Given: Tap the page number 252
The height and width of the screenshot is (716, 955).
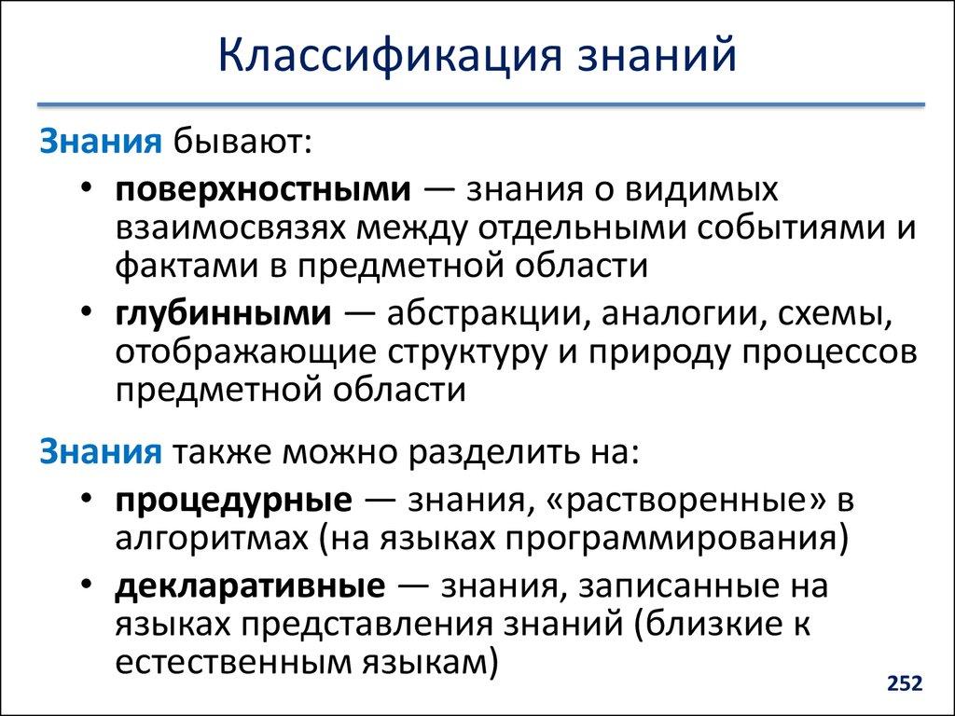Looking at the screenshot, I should pyautogui.click(x=904, y=684).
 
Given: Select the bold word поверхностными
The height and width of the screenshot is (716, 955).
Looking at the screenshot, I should pyautogui.click(x=264, y=189).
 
